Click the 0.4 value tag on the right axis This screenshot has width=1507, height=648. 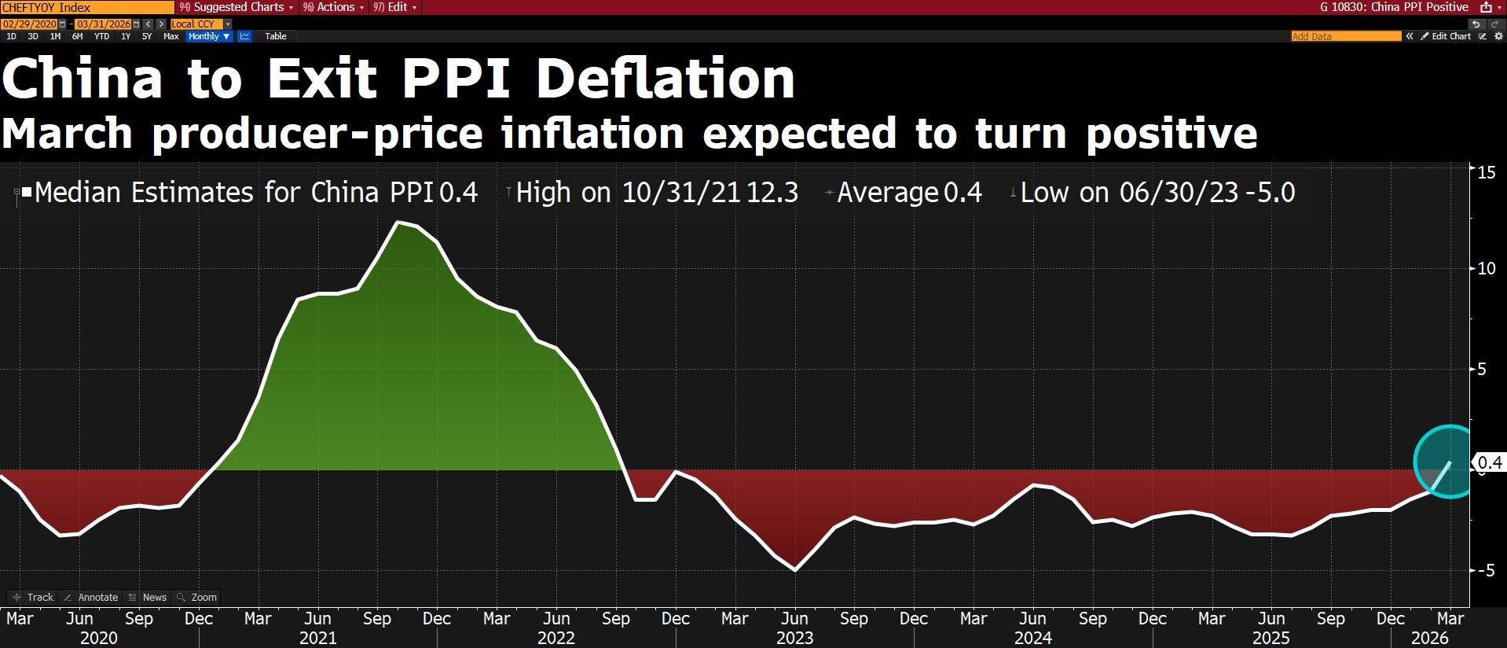point(1490,462)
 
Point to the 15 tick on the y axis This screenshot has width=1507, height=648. point(1486,171)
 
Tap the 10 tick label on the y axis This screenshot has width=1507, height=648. point(1486,268)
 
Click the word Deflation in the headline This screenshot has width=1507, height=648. point(665,79)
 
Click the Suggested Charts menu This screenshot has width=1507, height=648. point(236,7)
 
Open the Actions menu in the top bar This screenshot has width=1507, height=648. point(334,7)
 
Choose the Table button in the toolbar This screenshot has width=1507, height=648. point(275,36)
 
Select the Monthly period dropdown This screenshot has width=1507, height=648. point(209,36)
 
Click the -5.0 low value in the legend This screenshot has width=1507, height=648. point(1270,193)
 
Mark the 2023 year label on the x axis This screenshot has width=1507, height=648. point(794,638)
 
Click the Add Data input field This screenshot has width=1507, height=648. point(1345,36)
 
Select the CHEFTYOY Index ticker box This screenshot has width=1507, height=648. point(86,7)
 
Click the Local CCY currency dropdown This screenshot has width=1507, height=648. point(200,24)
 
